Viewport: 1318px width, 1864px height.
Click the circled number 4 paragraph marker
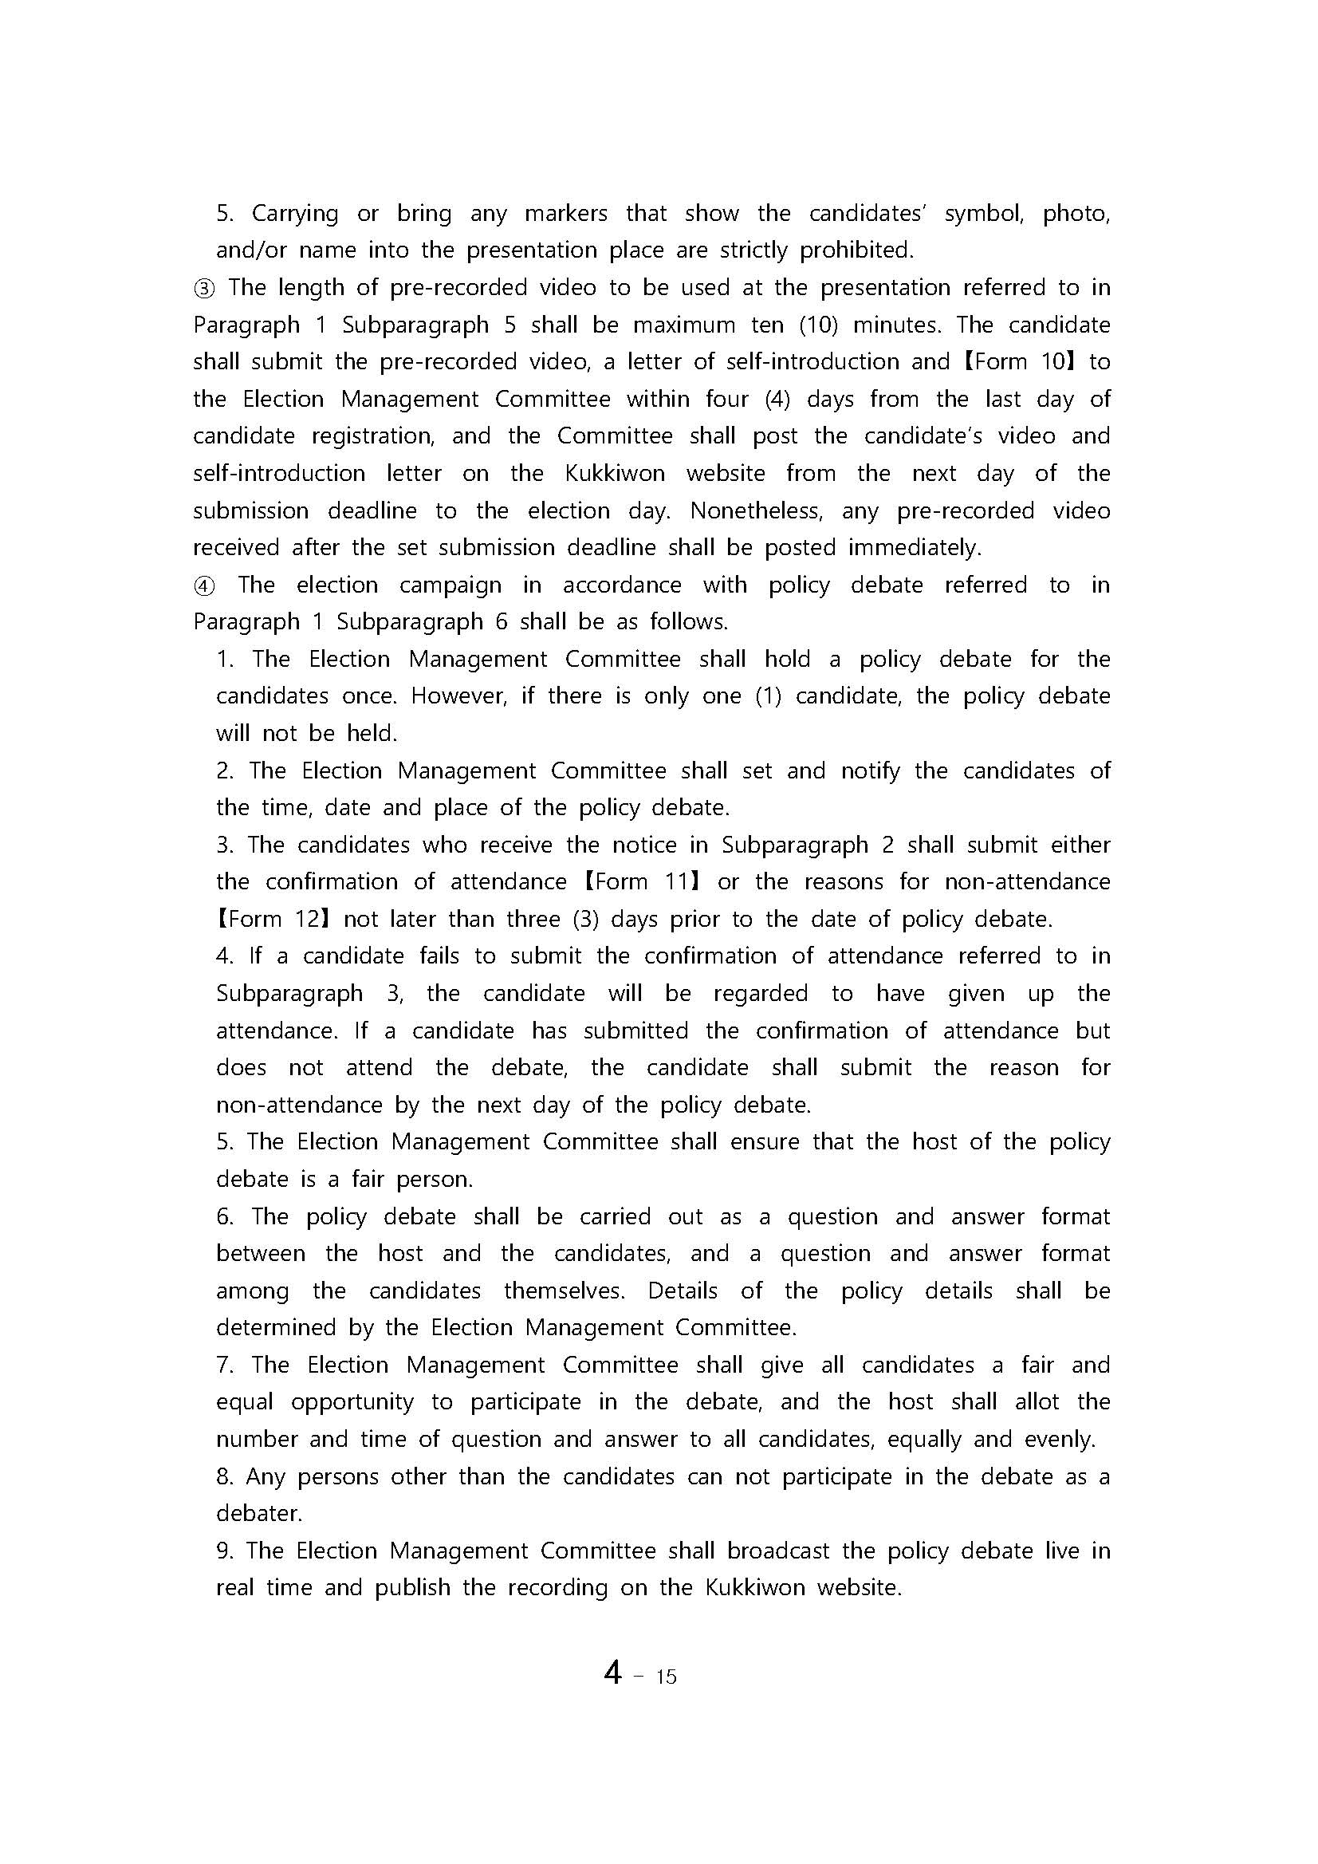coord(204,585)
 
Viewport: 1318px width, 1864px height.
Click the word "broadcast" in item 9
coord(777,1551)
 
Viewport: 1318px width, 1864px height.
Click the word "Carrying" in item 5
coord(294,214)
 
